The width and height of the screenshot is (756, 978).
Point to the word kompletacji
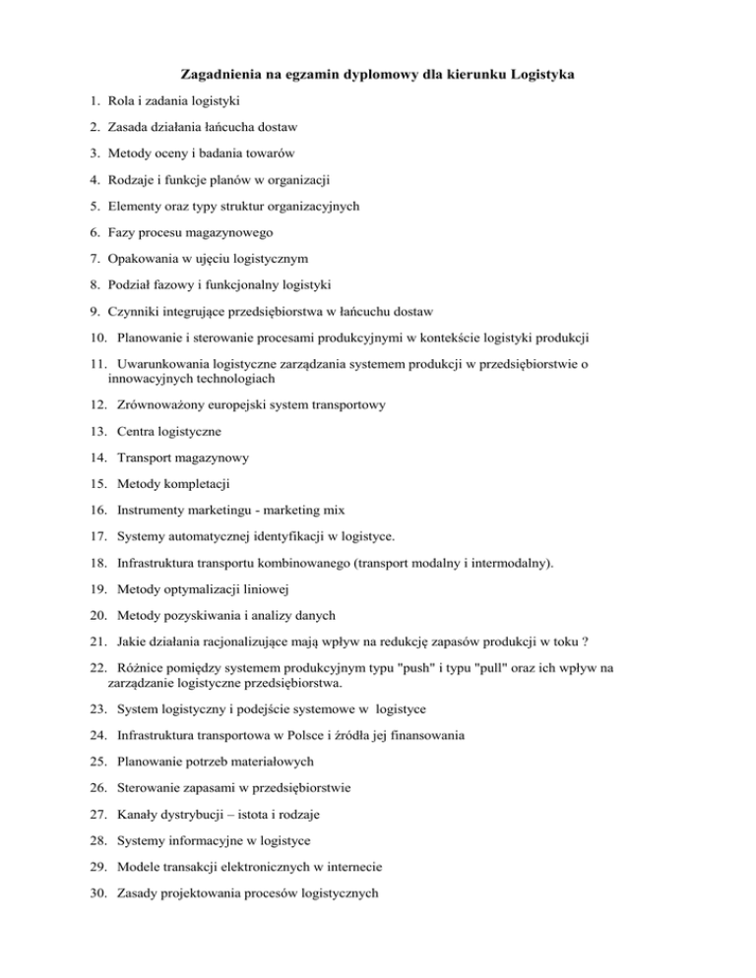[x=198, y=485]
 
